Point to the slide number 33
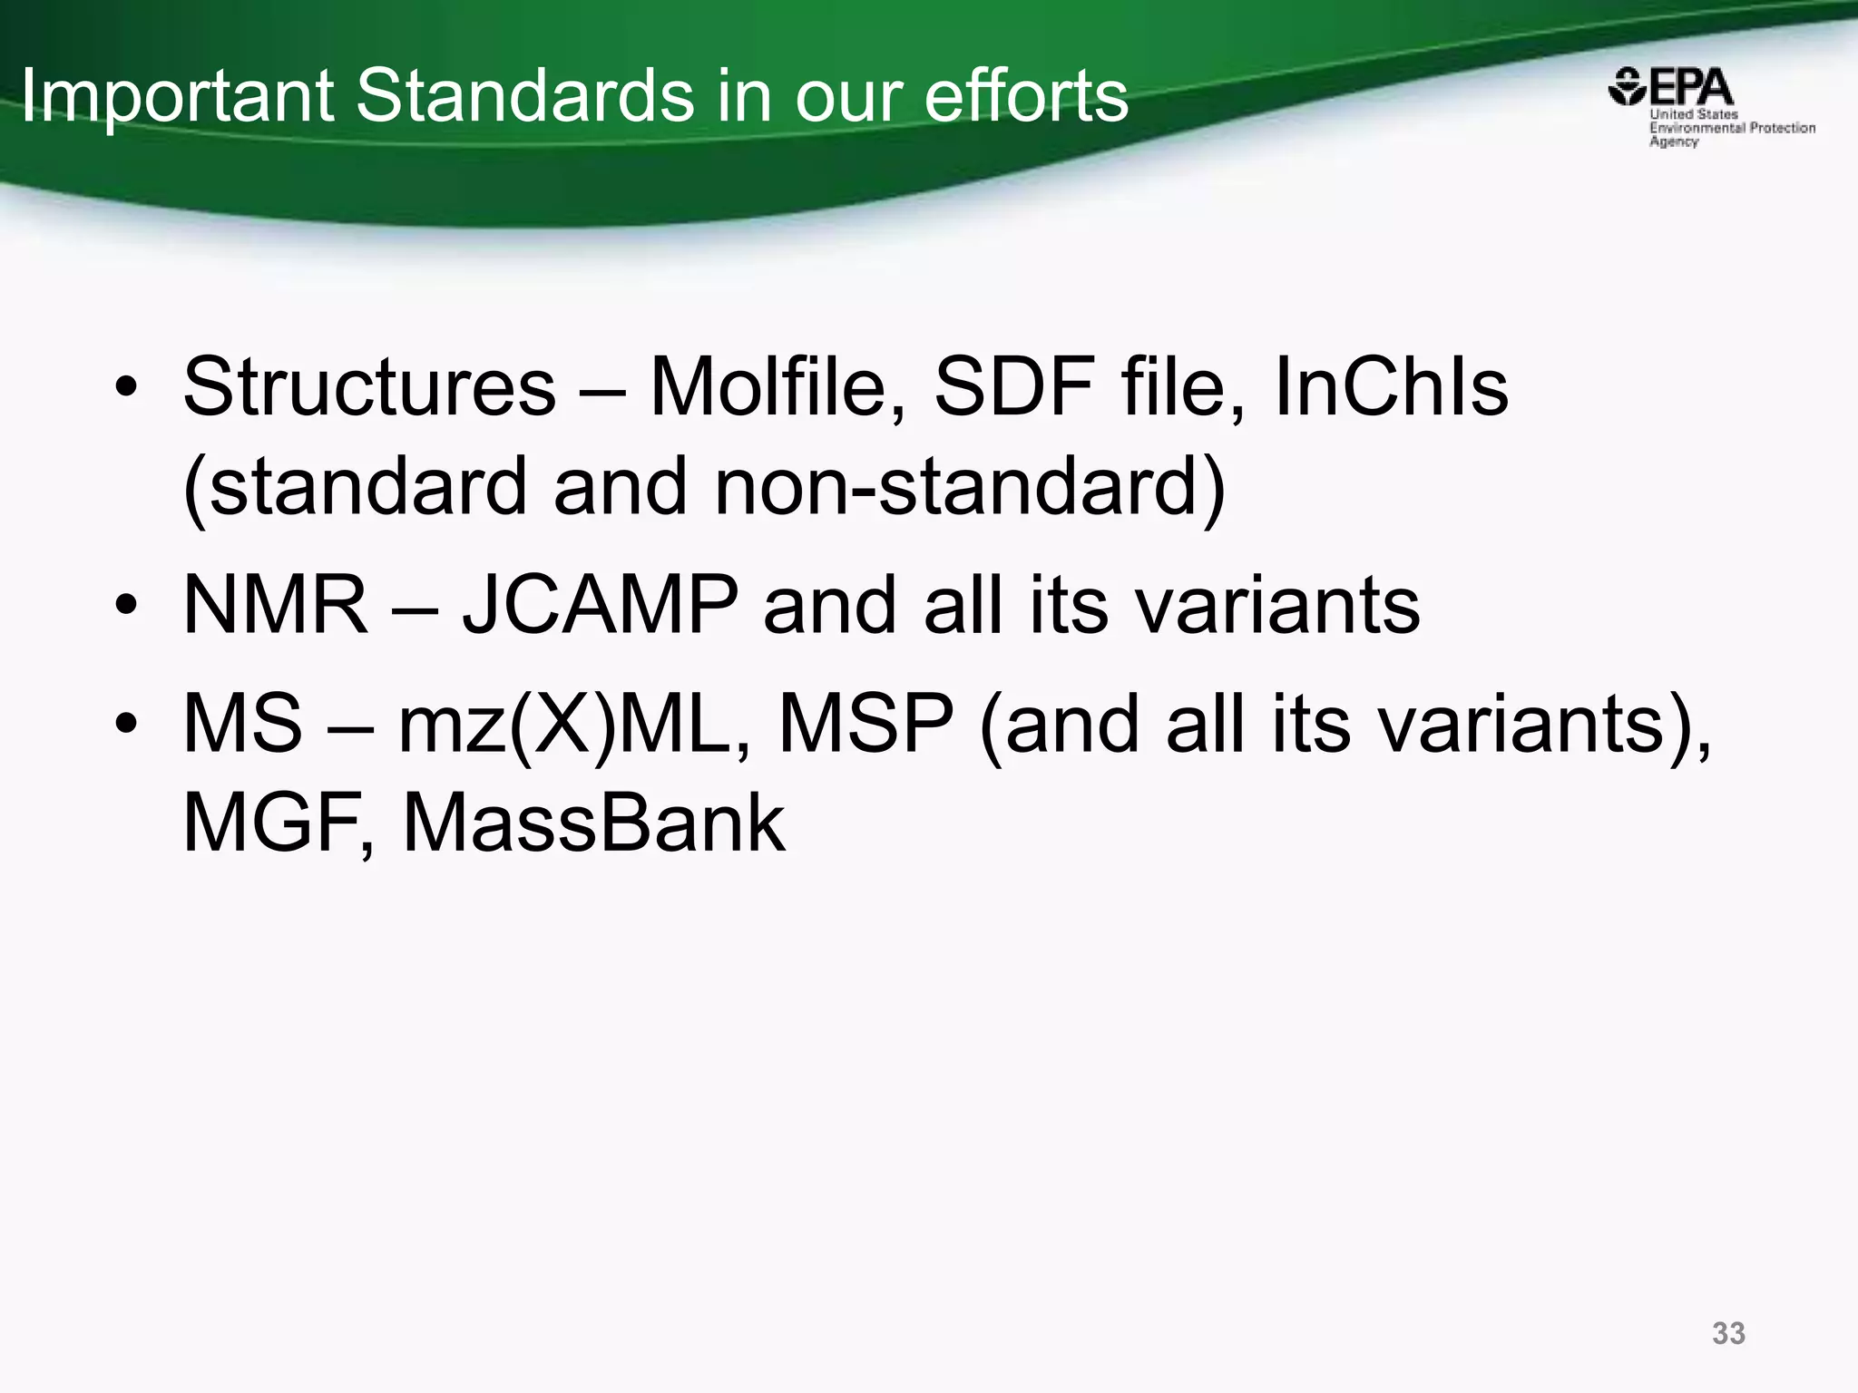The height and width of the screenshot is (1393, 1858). tap(1728, 1333)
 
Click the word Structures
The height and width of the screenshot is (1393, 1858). tap(369, 387)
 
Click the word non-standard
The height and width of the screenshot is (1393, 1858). tap(970, 487)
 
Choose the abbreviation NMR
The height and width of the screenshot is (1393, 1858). tap(276, 605)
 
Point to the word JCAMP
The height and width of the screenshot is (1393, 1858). tap(600, 605)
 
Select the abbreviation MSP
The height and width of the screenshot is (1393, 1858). tap(866, 724)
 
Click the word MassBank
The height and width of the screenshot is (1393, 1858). tap(593, 823)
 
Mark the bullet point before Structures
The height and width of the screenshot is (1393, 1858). tap(126, 389)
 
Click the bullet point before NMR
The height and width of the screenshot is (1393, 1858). tap(126, 606)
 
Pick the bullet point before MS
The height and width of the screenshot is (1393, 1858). tap(126, 725)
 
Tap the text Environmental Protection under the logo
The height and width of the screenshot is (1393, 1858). tap(1732, 128)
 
